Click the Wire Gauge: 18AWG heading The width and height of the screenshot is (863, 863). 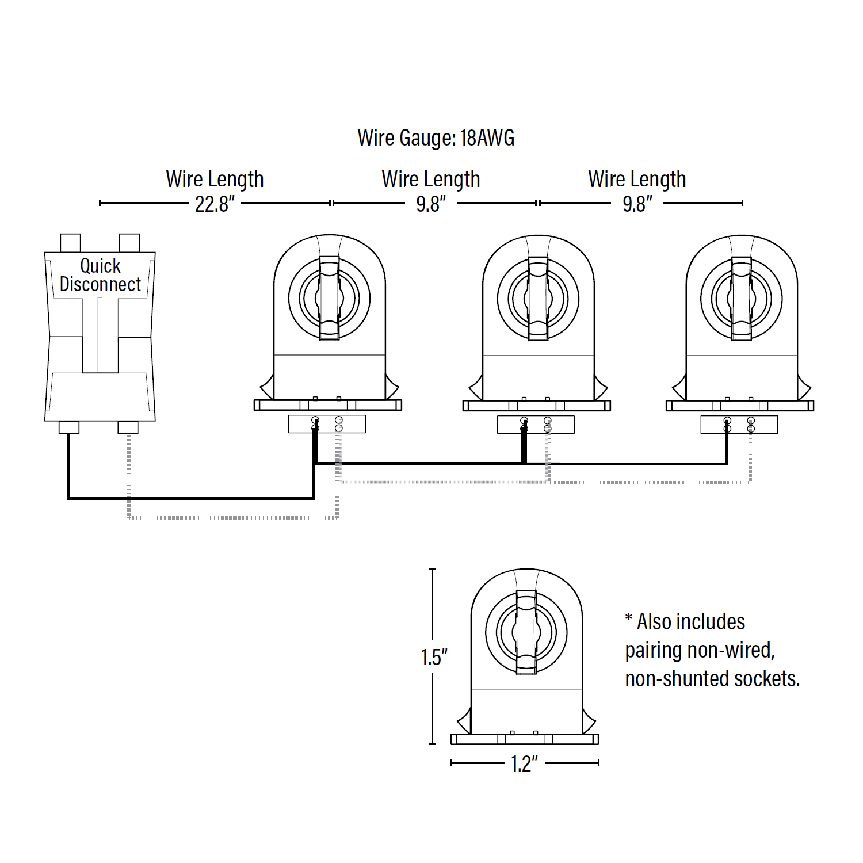pyautogui.click(x=436, y=138)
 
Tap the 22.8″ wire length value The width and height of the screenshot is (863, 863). pyautogui.click(x=215, y=204)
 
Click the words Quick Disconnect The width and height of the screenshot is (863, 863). pyautogui.click(x=100, y=275)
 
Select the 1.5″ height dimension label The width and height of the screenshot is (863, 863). pyautogui.click(x=434, y=657)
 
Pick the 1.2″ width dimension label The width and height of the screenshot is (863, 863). pyautogui.click(x=524, y=764)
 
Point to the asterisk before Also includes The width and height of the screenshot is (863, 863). pyautogui.click(x=629, y=619)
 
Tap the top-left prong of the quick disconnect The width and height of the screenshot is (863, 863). pyautogui.click(x=70, y=243)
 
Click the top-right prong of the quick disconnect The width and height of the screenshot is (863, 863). pyautogui.click(x=129, y=243)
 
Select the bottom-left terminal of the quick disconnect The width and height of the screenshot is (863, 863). pyautogui.click(x=69, y=427)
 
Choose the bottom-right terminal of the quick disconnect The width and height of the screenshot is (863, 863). pyautogui.click(x=128, y=427)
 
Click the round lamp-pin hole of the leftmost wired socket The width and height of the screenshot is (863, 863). pyautogui.click(x=329, y=298)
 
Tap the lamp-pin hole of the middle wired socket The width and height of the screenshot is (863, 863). pyautogui.click(x=538, y=299)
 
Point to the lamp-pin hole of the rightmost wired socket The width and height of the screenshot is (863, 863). pyautogui.click(x=741, y=299)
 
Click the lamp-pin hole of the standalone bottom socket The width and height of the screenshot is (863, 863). pyautogui.click(x=526, y=632)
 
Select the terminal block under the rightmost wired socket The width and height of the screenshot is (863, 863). pyautogui.click(x=739, y=425)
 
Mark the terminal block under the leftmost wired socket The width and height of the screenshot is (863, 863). pyautogui.click(x=327, y=424)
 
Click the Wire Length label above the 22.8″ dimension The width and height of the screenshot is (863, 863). pyautogui.click(x=215, y=180)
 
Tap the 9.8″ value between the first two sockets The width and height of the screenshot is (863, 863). pyautogui.click(x=431, y=204)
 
